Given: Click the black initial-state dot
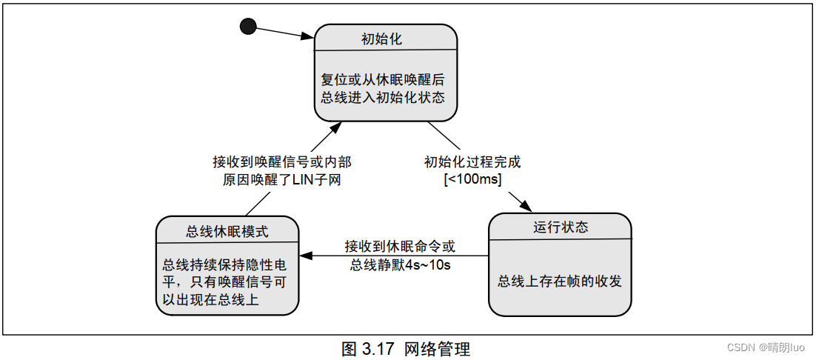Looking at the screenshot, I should [x=248, y=27].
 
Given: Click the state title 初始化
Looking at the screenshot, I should [x=382, y=39].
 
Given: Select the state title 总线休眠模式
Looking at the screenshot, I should [x=227, y=232].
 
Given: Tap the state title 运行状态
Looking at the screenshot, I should [x=561, y=227].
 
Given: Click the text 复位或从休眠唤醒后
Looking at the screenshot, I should [x=383, y=79].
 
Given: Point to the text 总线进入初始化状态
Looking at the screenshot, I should [x=383, y=97].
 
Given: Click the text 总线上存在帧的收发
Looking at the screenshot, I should [x=559, y=281].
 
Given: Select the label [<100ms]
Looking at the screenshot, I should [x=472, y=180].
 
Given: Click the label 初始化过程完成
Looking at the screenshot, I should [x=472, y=162].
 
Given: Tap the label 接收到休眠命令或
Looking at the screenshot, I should [x=400, y=246].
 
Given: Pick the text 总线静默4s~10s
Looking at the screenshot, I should [x=400, y=264].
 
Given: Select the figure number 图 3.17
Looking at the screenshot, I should [x=368, y=349].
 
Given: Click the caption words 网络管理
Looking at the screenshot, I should [x=437, y=349].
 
